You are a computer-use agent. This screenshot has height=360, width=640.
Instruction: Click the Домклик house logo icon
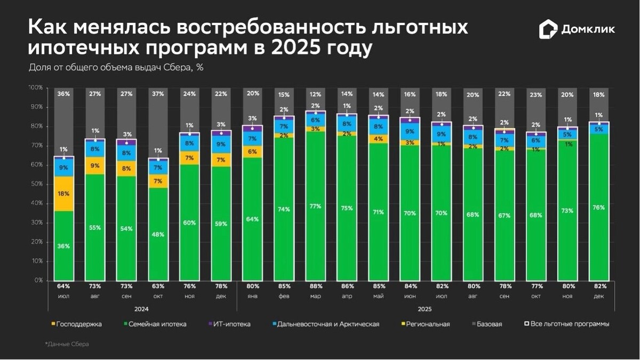click(547, 29)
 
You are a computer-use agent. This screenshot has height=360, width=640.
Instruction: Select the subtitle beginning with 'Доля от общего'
click(115, 68)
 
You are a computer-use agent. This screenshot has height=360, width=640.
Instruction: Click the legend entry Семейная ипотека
click(157, 324)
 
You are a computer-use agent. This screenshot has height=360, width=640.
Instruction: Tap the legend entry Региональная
click(427, 324)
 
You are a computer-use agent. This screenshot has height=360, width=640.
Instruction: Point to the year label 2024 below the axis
click(141, 309)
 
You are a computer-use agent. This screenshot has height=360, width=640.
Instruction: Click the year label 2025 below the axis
click(425, 309)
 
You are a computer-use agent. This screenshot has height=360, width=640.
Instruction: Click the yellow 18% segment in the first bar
click(63, 194)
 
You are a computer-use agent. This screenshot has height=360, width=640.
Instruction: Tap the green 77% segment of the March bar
click(316, 206)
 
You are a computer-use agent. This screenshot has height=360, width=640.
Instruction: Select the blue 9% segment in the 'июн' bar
click(410, 131)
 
